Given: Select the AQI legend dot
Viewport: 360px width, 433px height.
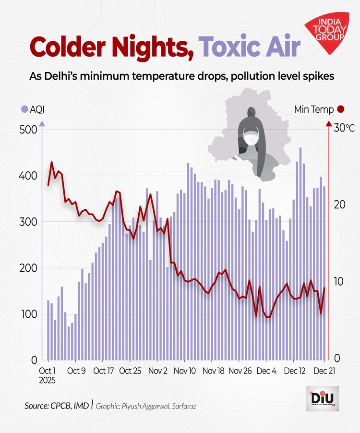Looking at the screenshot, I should click(x=24, y=109).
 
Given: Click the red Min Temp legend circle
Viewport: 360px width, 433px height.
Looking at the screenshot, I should click(x=341, y=109).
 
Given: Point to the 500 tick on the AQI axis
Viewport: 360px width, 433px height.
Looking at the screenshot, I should click(x=28, y=130).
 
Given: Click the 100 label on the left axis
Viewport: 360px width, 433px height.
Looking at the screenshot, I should click(x=28, y=314).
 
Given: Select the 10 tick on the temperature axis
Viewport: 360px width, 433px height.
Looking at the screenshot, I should click(x=337, y=281).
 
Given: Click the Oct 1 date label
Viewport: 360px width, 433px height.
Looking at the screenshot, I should click(x=48, y=371).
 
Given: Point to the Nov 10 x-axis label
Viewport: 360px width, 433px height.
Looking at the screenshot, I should click(x=184, y=371).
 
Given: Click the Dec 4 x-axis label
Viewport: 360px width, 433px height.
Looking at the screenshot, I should click(x=267, y=371).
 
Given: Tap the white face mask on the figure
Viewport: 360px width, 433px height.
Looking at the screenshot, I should click(x=252, y=139).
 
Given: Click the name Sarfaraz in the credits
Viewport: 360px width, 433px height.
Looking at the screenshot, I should click(x=182, y=406).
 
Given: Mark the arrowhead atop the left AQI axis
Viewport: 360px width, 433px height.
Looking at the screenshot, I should click(x=42, y=124).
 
